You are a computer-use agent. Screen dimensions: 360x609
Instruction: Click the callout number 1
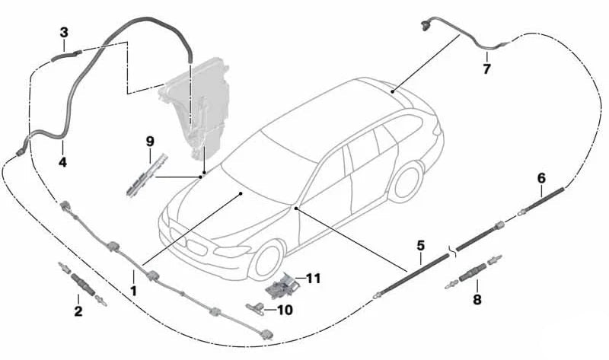tap(134, 291)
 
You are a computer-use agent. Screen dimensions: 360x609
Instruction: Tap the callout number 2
tap(78, 311)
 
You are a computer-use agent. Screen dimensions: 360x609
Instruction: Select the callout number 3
tap(64, 32)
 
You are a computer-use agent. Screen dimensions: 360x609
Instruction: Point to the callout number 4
tap(63, 162)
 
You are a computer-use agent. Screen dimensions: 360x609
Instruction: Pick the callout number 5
tap(419, 246)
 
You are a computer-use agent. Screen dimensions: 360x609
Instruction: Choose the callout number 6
tap(541, 177)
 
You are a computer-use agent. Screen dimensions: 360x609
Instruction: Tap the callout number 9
tap(150, 141)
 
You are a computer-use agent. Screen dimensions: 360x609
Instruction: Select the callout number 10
tap(285, 310)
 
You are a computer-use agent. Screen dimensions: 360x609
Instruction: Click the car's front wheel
tap(270, 259)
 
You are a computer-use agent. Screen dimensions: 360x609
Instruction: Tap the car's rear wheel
tap(406, 182)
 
